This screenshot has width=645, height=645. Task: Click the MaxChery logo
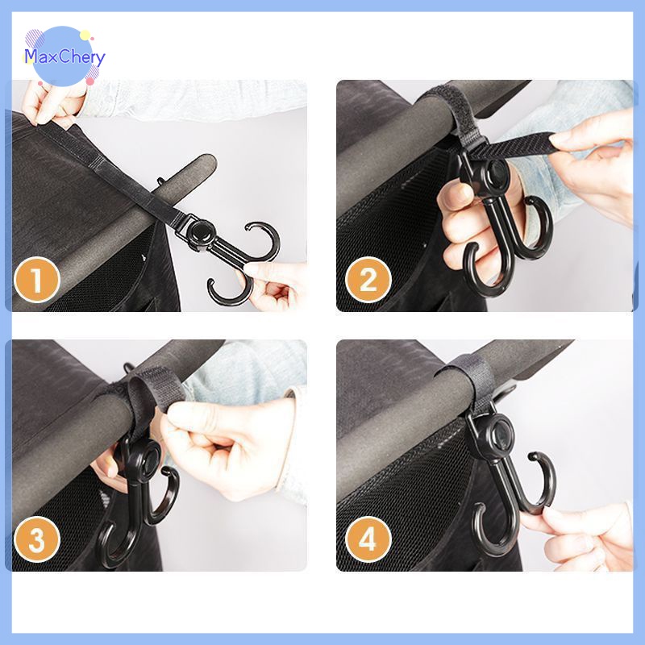pyautogui.click(x=64, y=56)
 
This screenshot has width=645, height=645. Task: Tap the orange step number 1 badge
pyautogui.click(x=37, y=280)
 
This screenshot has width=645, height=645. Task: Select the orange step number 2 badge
pyautogui.click(x=368, y=280)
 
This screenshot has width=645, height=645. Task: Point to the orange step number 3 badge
pyautogui.click(x=37, y=539)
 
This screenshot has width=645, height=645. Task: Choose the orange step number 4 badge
pyautogui.click(x=368, y=539)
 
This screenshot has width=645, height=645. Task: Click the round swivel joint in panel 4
pyautogui.click(x=499, y=434)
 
